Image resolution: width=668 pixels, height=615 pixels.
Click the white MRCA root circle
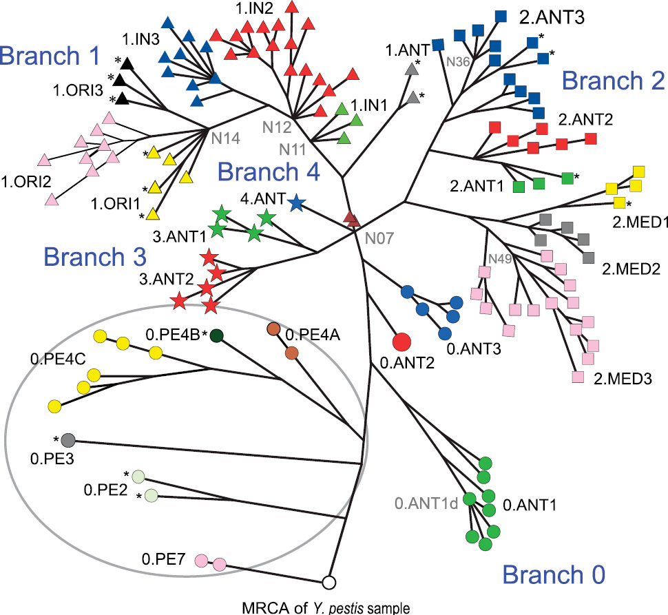click(x=329, y=583)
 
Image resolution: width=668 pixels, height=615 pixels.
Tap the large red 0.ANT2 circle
click(x=401, y=341)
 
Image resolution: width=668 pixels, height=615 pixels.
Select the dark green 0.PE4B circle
click(x=217, y=335)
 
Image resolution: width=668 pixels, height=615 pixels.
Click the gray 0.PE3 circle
click(x=67, y=440)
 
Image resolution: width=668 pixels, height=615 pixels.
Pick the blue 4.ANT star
click(x=296, y=203)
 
